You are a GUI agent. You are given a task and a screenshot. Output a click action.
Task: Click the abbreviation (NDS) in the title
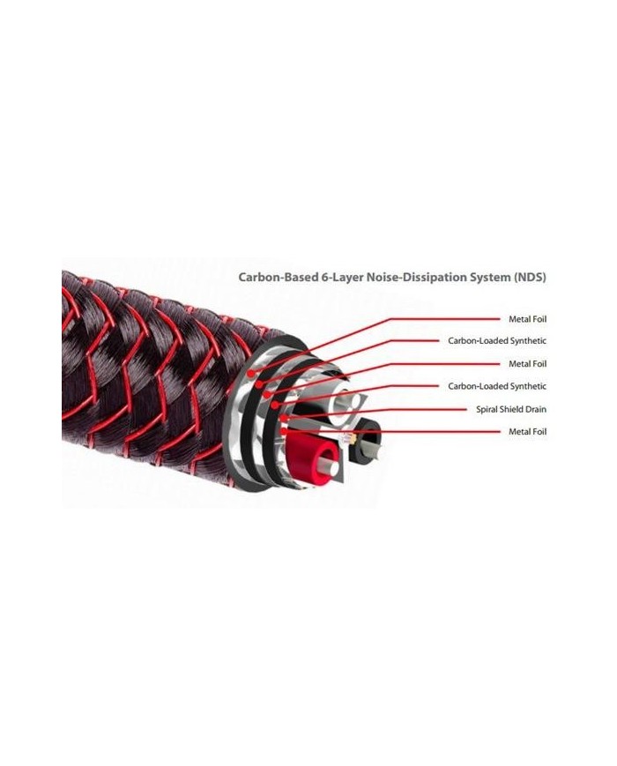(x=530, y=278)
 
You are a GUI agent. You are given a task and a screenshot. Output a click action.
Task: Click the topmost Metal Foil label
(x=528, y=319)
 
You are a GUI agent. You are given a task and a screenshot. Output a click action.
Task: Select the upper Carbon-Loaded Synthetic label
(x=497, y=340)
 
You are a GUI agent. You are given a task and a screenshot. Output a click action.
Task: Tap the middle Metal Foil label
(x=528, y=364)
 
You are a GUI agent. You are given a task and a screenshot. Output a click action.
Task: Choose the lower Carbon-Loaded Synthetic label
(x=497, y=386)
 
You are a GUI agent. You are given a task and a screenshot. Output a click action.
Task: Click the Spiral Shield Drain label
(x=511, y=409)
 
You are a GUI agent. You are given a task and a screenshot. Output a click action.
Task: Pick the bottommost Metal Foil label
(x=528, y=432)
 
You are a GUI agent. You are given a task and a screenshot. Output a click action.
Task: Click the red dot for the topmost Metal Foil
(x=251, y=374)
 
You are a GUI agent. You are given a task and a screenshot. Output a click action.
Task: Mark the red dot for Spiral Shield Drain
(x=283, y=418)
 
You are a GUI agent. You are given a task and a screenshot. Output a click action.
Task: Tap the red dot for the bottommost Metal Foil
(x=284, y=431)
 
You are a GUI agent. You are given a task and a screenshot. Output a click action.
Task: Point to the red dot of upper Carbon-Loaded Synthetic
(x=259, y=384)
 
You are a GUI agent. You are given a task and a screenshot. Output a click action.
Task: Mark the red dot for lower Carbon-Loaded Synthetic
(x=276, y=405)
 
